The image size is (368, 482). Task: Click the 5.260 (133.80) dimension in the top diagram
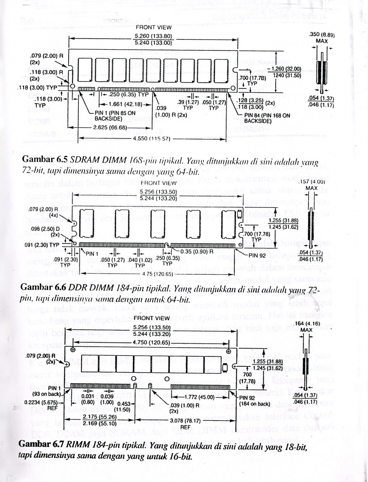[153, 36]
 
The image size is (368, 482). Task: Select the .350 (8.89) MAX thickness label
[322, 37]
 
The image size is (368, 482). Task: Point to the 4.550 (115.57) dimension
[151, 139]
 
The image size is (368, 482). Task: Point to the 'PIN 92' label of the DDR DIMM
[257, 256]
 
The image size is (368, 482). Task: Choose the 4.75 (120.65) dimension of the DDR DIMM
[157, 274]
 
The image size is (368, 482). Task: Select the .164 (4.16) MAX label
[306, 327]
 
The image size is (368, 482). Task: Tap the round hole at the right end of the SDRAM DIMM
[233, 88]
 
